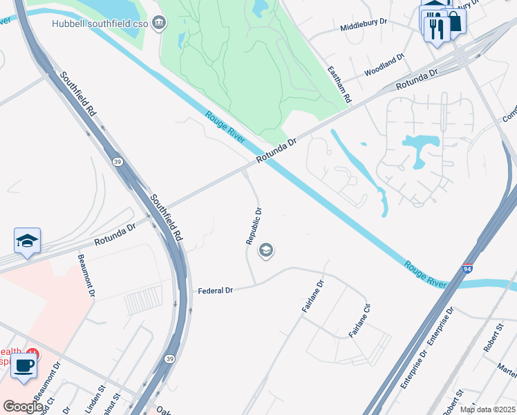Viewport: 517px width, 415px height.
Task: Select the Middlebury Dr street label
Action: (364, 23)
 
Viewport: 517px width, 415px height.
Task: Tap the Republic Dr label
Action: (254, 226)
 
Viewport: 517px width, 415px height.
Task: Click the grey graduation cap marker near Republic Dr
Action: (265, 250)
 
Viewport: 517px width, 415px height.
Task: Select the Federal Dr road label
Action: (215, 290)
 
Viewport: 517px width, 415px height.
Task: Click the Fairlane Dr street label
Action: (312, 296)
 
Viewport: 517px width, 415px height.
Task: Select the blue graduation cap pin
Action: (28, 241)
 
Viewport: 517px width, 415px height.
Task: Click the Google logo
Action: (23, 406)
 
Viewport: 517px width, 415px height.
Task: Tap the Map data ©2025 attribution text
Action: (487, 409)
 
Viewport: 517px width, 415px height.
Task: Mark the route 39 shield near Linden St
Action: (169, 359)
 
